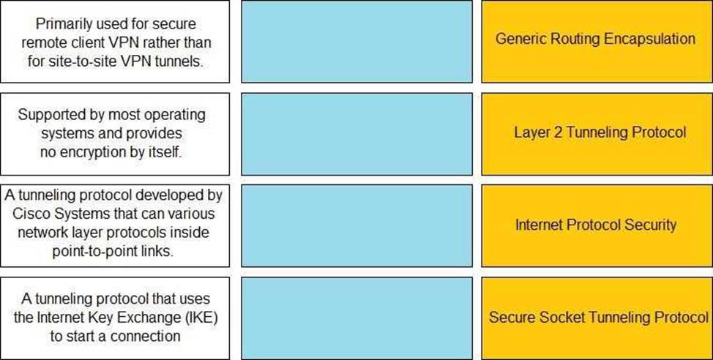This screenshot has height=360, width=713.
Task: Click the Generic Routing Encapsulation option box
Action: tap(597, 42)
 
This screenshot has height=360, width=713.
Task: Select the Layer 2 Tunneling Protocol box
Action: tap(597, 134)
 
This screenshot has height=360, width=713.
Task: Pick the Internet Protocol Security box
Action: tap(597, 225)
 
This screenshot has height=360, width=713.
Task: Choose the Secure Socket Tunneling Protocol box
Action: tap(597, 318)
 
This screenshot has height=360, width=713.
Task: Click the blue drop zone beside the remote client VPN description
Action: tap(357, 42)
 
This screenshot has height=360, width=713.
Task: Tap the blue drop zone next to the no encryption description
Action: tap(357, 134)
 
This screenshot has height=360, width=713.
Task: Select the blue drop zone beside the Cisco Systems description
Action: tap(357, 225)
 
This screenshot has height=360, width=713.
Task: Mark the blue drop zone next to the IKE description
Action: tap(357, 318)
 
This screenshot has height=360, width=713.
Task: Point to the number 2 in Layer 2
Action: tap(558, 132)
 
